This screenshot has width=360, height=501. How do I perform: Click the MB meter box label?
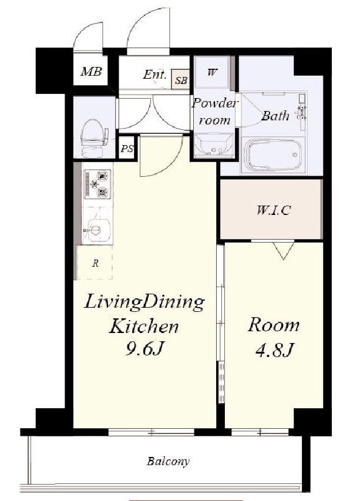pyautogui.click(x=91, y=72)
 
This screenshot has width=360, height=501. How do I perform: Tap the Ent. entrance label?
pyautogui.click(x=155, y=75)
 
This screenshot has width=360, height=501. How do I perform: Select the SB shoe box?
pyautogui.click(x=181, y=79)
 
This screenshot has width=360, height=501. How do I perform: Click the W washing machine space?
pyautogui.click(x=212, y=72)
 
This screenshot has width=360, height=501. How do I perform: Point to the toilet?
pyautogui.click(x=94, y=138)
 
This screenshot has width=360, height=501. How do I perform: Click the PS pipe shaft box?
pyautogui.click(x=127, y=148)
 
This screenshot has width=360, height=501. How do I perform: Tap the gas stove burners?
pyautogui.click(x=97, y=184)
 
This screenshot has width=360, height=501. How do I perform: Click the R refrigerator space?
pyautogui.click(x=95, y=263)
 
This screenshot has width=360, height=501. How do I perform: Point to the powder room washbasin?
pyautogui.click(x=214, y=146)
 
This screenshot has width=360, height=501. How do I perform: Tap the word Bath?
pyautogui.click(x=275, y=115)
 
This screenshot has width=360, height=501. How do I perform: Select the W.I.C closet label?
pyautogui.click(x=274, y=210)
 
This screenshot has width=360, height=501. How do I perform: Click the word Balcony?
pyautogui.click(x=168, y=462)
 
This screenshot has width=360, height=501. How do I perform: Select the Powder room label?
pyautogui.click(x=215, y=112)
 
